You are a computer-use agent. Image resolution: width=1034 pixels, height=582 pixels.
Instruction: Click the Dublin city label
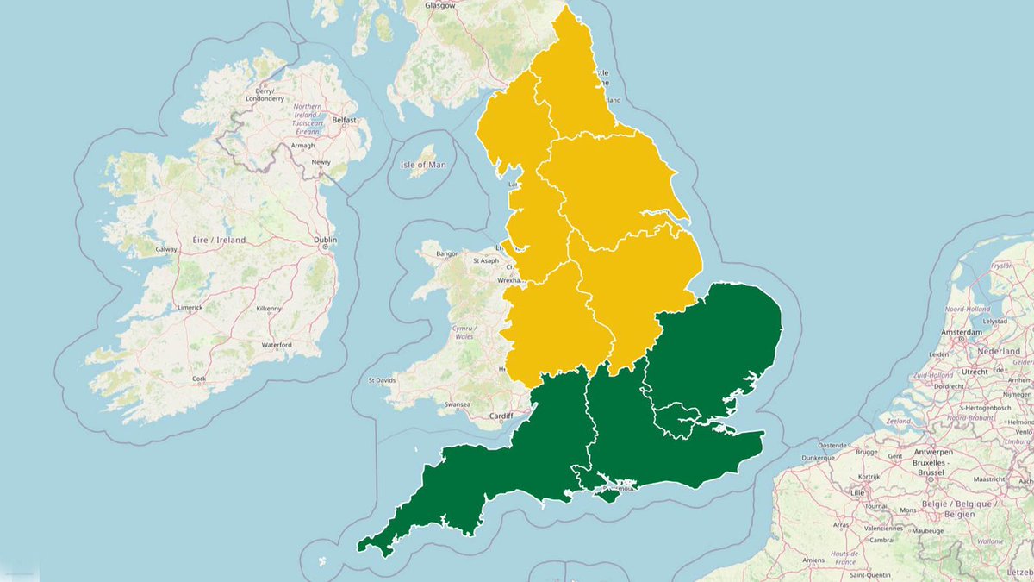(x=325, y=240)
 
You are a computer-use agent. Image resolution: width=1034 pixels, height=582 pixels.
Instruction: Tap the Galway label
(x=166, y=249)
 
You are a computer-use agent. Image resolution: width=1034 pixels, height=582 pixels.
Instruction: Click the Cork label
(x=200, y=379)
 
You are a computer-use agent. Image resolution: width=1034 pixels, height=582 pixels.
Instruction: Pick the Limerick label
(x=190, y=307)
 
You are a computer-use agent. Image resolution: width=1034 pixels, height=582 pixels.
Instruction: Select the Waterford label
(x=277, y=345)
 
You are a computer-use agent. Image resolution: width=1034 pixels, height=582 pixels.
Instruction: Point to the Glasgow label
(x=439, y=5)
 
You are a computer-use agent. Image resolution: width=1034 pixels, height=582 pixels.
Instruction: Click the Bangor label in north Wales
(x=447, y=254)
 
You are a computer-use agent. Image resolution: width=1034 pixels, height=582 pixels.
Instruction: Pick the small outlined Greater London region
(x=676, y=420)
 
